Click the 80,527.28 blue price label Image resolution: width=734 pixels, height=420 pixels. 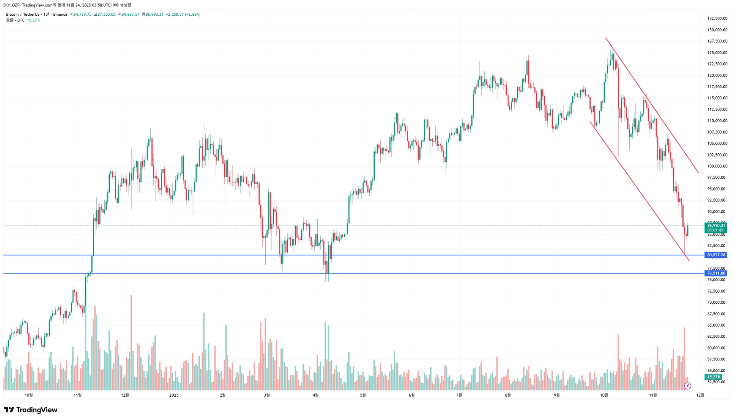click(x=716, y=255)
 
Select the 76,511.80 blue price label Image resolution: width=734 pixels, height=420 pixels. click(x=716, y=273)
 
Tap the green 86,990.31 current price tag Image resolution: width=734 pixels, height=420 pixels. click(x=716, y=226)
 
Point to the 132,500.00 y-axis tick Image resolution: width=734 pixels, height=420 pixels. click(x=717, y=18)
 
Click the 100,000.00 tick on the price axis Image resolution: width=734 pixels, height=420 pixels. click(x=717, y=166)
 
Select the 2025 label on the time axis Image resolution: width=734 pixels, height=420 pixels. click(x=174, y=395)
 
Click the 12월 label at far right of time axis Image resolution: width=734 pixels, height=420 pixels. click(x=700, y=395)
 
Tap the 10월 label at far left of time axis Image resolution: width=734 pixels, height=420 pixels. click(x=29, y=395)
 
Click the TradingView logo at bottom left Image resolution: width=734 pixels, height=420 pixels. click(x=31, y=410)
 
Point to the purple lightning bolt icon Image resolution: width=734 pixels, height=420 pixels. click(x=688, y=386)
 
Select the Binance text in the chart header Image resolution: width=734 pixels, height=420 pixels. click(x=60, y=15)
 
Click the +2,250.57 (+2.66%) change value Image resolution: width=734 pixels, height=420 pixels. click(x=183, y=15)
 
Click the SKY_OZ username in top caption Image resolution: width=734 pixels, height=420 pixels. click(x=10, y=5)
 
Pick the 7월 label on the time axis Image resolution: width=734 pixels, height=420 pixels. click(x=459, y=395)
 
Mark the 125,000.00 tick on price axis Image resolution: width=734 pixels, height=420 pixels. click(x=717, y=53)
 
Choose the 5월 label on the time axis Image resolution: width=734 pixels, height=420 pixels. click(x=362, y=395)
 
